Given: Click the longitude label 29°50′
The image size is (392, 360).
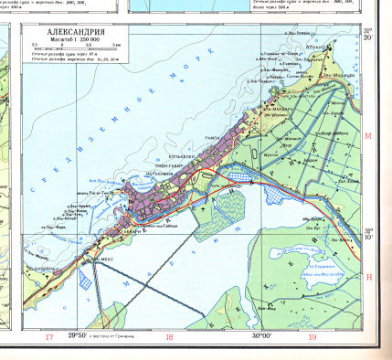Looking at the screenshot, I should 81,338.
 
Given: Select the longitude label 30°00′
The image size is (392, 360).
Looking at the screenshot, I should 264,338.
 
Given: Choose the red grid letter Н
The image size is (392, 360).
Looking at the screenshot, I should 369,277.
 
